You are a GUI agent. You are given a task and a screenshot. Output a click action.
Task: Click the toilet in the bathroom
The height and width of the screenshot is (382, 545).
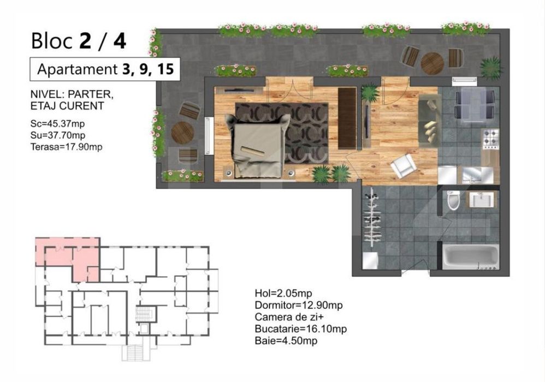point(453,200)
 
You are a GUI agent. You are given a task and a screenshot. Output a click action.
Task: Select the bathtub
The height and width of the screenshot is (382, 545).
point(471,257)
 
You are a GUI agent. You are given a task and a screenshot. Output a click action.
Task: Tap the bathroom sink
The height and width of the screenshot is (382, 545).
point(481,200)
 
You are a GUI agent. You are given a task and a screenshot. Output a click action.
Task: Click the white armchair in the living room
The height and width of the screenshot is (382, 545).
point(403,166)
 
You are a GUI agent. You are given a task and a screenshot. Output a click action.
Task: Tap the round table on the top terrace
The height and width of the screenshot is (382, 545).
point(432,63)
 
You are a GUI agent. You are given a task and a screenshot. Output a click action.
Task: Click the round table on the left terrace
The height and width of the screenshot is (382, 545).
point(182,132)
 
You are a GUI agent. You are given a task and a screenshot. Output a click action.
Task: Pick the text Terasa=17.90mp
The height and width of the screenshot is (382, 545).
point(67,147)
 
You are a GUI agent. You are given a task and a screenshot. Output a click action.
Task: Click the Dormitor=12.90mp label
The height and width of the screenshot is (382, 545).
point(299,305)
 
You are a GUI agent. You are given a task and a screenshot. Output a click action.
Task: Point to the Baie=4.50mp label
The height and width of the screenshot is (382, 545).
point(286,341)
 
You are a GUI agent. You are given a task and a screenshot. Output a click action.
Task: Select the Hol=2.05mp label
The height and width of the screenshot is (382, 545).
point(283,294)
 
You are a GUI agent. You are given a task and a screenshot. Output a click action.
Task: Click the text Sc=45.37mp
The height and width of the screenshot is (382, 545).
point(58,124)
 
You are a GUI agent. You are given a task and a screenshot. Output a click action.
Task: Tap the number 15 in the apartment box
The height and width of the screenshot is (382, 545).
point(165,69)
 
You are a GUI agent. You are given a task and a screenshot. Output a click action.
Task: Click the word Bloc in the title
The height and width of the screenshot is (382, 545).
point(52,40)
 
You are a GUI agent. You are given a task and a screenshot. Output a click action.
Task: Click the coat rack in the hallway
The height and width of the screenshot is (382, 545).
point(372,218)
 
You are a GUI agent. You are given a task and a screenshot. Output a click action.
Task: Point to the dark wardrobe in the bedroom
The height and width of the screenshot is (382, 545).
point(347,118)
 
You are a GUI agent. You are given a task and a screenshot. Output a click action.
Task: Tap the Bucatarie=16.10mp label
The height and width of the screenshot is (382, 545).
point(301,329)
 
